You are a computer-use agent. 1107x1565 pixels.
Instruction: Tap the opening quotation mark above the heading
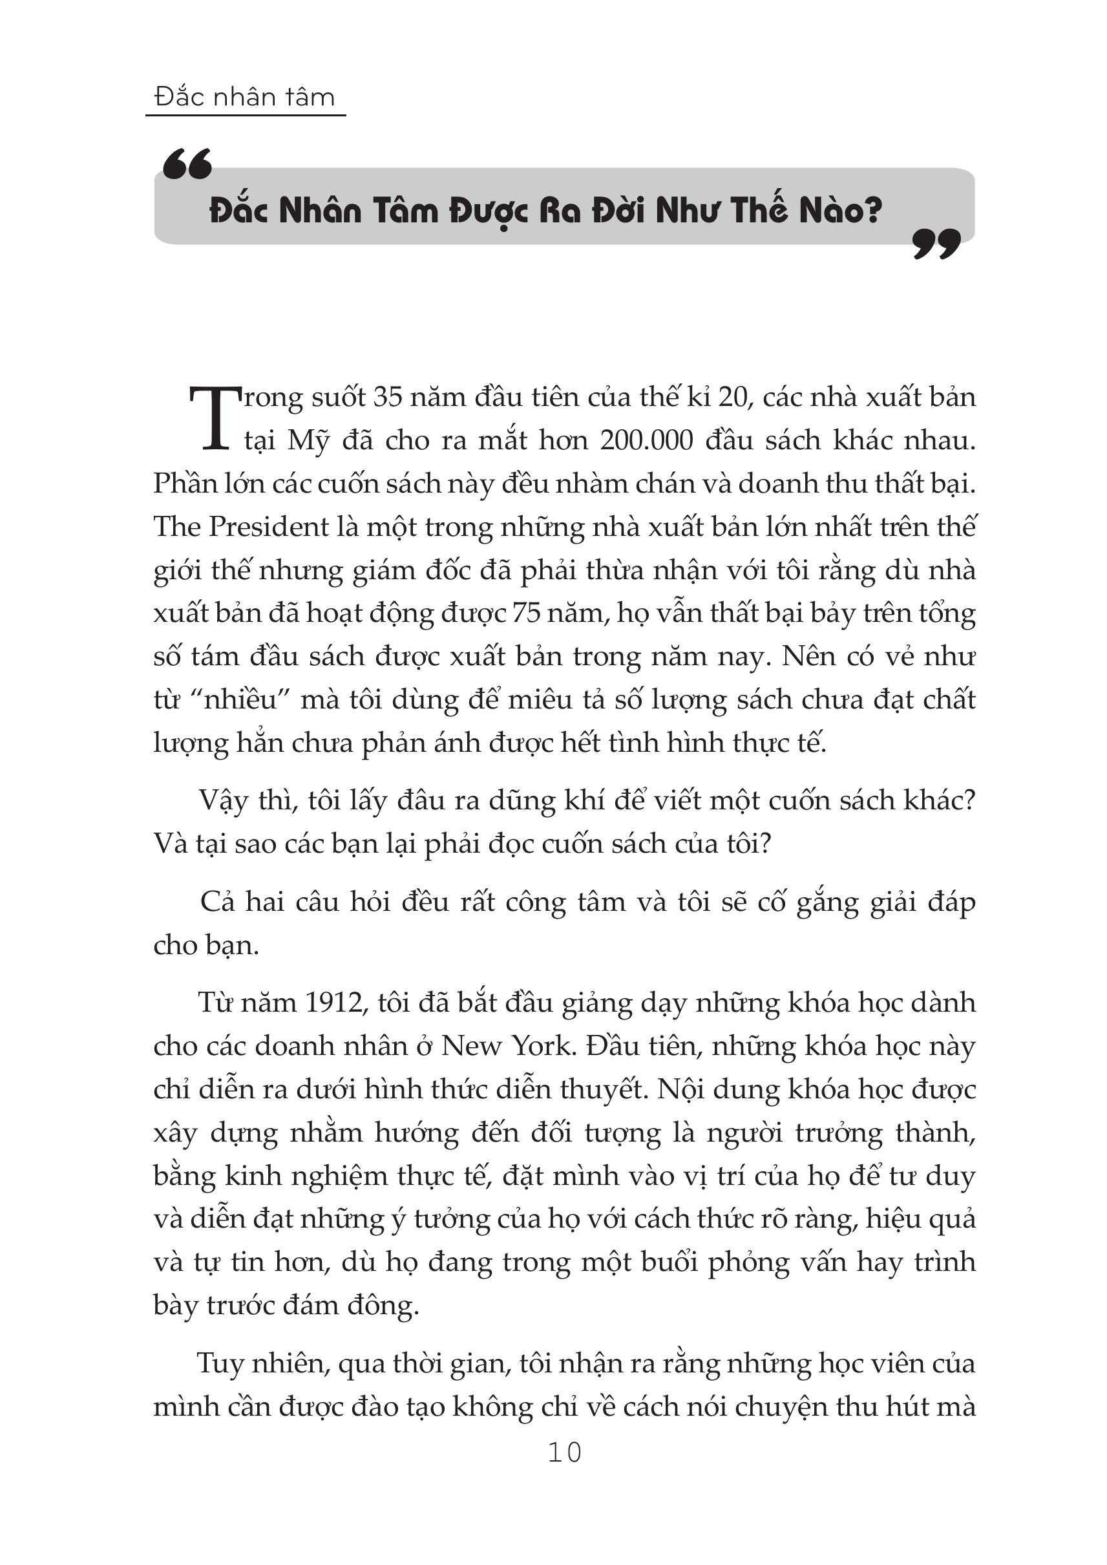tap(187, 164)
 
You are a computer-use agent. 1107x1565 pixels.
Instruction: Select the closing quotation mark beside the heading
tap(936, 244)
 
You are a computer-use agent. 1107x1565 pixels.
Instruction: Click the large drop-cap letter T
tap(214, 418)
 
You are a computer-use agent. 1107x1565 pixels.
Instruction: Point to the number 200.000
tap(646, 440)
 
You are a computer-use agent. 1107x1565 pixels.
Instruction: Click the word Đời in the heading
tap(619, 210)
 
